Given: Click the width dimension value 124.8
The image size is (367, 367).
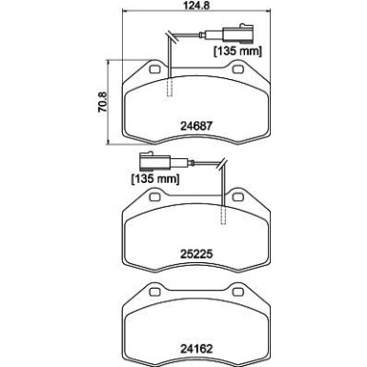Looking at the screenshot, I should pyautogui.click(x=183, y=10).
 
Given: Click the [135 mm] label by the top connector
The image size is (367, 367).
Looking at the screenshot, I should pyautogui.click(x=237, y=51).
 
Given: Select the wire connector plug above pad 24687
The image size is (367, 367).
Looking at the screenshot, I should pyautogui.click(x=246, y=34).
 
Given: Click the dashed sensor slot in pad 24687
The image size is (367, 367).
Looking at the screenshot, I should pyautogui.click(x=169, y=88).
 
